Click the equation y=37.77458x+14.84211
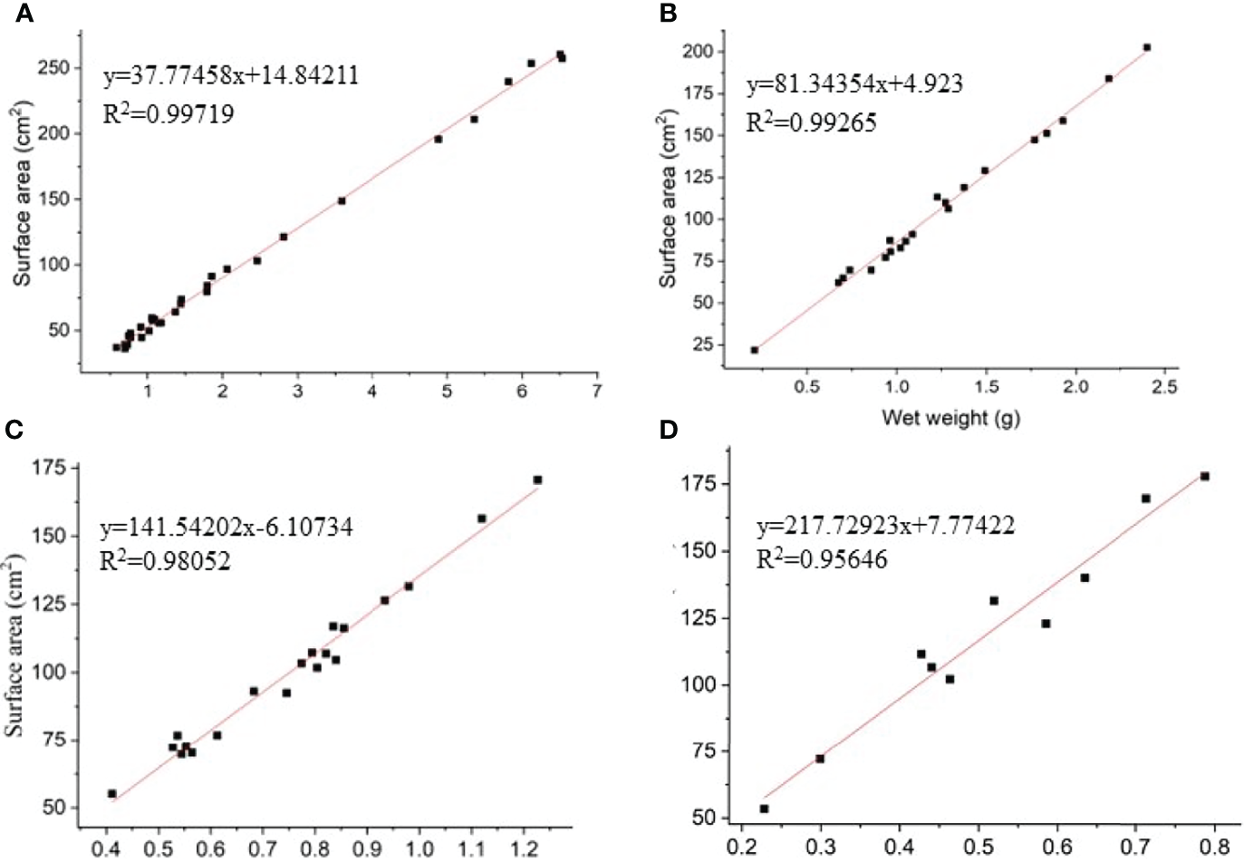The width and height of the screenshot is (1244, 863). pyautogui.click(x=230, y=75)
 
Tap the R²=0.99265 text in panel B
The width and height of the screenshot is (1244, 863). pyautogui.click(x=811, y=122)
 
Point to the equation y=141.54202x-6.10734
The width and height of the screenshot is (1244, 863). pyautogui.click(x=226, y=527)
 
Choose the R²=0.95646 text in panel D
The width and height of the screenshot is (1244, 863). pyautogui.click(x=822, y=559)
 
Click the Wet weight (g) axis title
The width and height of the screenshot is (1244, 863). pyautogui.click(x=950, y=418)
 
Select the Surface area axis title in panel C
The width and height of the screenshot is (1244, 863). pyautogui.click(x=15, y=647)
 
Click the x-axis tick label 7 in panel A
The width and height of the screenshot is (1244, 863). pyautogui.click(x=596, y=391)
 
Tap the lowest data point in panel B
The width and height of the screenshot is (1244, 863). pyautogui.click(x=754, y=350)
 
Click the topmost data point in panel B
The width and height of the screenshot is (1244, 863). pyautogui.click(x=1147, y=47)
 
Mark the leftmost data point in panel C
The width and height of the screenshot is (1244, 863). pyautogui.click(x=112, y=793)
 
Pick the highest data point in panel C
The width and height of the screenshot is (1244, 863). pyautogui.click(x=537, y=480)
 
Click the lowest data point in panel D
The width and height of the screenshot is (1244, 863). pyautogui.click(x=764, y=809)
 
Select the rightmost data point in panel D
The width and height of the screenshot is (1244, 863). pyautogui.click(x=1204, y=476)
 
